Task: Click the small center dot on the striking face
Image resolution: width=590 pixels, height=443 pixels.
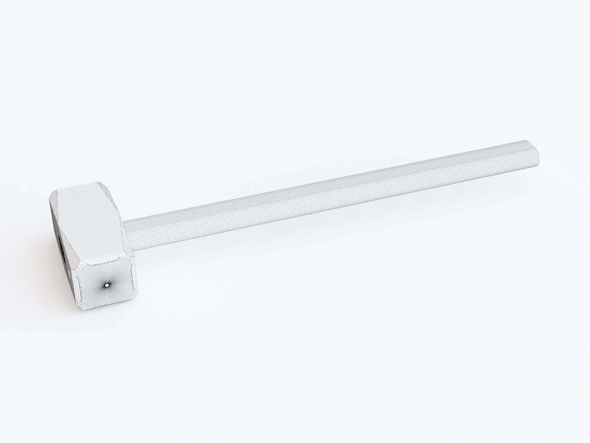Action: pyautogui.click(x=107, y=285)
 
